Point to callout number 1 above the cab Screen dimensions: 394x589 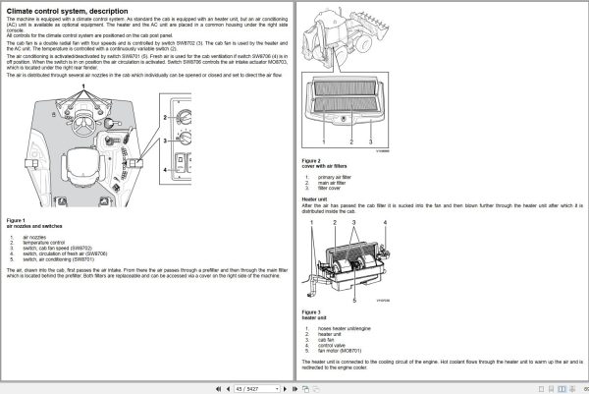[x=83, y=87]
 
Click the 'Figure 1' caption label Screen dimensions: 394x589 [x=17, y=220]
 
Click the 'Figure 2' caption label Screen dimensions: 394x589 [x=312, y=159]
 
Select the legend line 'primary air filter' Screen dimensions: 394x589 [x=339, y=177]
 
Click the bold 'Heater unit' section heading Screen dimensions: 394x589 [x=315, y=197]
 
